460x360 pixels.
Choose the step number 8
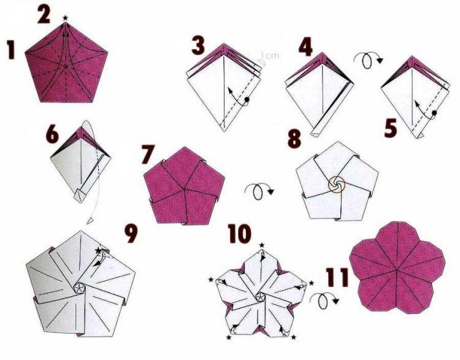coord(296,138)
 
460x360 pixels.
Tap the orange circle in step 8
coord(336,183)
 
